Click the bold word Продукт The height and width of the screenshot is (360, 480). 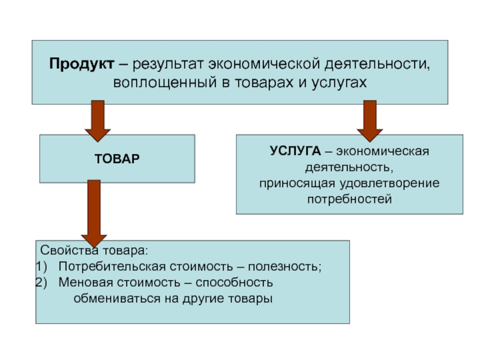point(82,65)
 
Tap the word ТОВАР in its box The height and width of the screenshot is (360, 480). point(117,159)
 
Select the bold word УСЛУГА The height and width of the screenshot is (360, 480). point(295,151)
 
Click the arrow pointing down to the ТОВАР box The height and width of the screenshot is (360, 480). point(98,121)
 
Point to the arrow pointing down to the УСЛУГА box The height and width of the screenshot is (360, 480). point(370,121)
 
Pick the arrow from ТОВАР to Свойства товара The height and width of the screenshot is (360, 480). point(94,214)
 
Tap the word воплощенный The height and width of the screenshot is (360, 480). point(165,83)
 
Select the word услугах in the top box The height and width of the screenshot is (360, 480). point(339,83)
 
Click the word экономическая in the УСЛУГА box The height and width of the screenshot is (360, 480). point(383,151)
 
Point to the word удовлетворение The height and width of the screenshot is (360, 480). point(389,184)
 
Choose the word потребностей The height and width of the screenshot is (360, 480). point(350,199)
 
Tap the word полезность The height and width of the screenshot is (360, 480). point(284,267)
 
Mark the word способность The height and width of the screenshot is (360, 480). point(234,283)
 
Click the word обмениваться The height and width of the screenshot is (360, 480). point(117,298)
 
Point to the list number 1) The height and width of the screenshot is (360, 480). point(41,267)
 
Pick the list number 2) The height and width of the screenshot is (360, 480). point(41,283)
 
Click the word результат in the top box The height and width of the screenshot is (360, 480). point(168,65)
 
